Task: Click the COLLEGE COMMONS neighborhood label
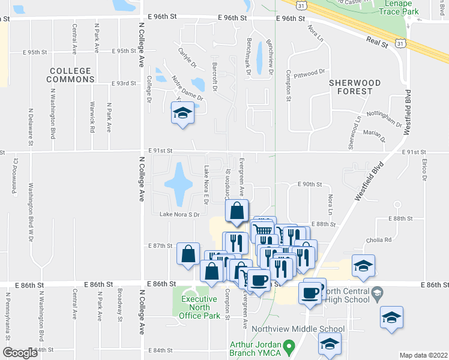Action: [x=70, y=75]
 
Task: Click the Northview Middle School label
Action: [x=298, y=329]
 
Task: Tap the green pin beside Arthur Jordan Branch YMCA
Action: [x=288, y=346]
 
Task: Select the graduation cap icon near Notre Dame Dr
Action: [x=182, y=112]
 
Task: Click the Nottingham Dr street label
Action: [x=384, y=117]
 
